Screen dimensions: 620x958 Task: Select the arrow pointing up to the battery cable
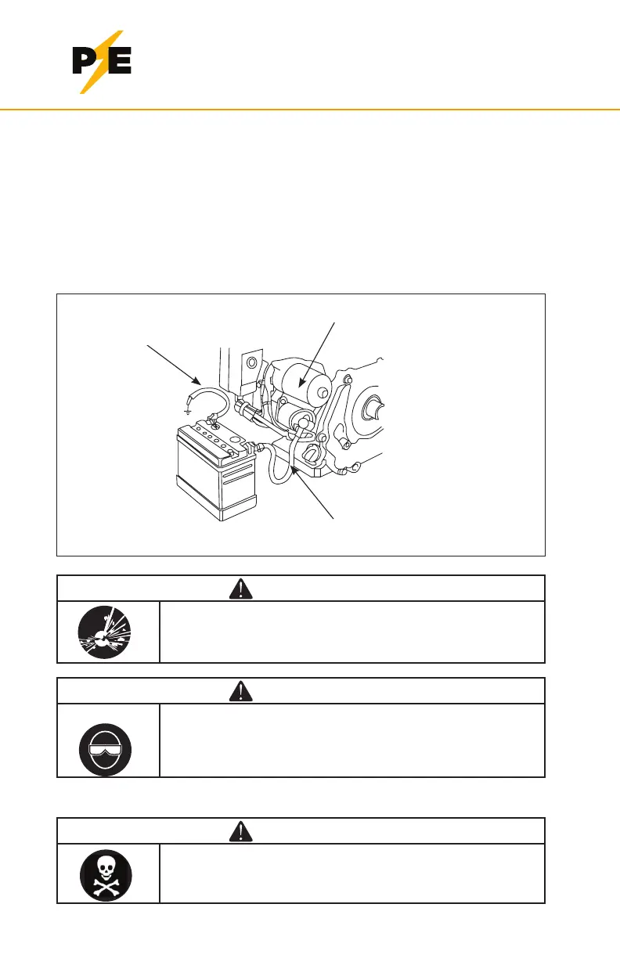[x=313, y=493]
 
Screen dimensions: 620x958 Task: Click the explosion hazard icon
[x=106, y=631]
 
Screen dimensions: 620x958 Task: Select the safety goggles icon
[x=106, y=747]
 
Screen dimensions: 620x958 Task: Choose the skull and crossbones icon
[x=106, y=873]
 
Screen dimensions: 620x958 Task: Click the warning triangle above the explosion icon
[x=240, y=588]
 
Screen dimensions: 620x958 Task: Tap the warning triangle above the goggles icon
[x=240, y=690]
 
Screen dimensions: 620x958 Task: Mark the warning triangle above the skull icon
[x=240, y=831]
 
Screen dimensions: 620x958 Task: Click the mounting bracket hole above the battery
[x=251, y=363]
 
